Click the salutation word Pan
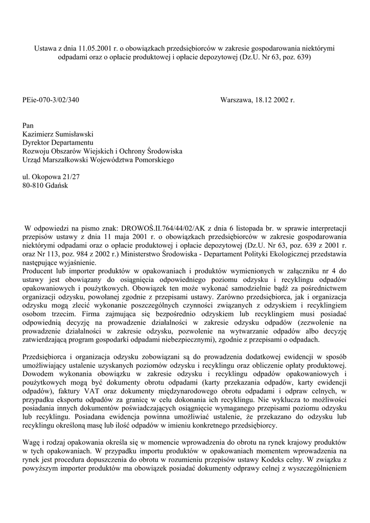29,125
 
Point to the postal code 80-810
34,186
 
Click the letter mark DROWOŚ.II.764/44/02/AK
159,227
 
